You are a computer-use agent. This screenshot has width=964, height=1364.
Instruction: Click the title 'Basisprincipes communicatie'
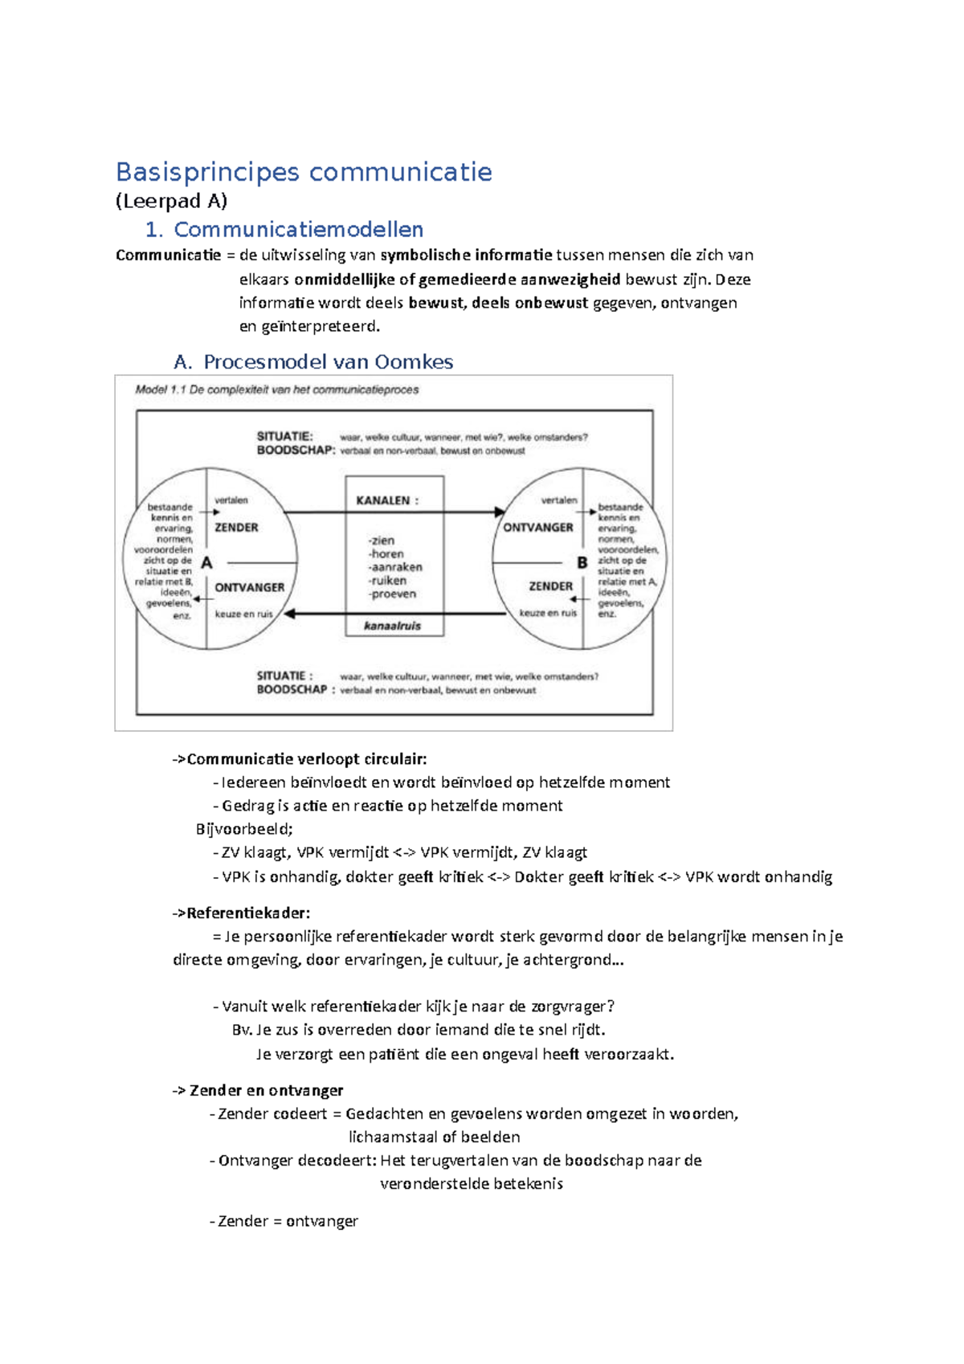click(x=304, y=172)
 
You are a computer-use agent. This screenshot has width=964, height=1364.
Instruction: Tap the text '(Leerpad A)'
click(x=171, y=201)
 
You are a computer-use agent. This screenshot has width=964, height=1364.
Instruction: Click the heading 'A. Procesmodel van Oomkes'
click(x=313, y=362)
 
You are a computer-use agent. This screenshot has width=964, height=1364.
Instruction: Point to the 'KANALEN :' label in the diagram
click(x=387, y=500)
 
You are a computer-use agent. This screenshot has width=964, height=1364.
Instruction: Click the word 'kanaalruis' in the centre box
click(x=393, y=626)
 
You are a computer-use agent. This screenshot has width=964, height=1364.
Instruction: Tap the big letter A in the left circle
click(x=206, y=563)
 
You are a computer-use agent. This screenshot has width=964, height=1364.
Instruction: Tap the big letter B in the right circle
click(x=582, y=563)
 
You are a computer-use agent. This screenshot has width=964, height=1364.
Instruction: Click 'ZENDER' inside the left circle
click(x=236, y=528)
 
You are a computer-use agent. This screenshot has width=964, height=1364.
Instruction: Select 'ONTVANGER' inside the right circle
click(x=538, y=528)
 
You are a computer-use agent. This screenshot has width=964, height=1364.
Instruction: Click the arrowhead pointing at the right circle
click(x=500, y=512)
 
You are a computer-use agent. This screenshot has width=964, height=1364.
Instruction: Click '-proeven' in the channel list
click(x=393, y=594)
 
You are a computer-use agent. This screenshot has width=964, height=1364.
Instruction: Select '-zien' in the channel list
click(x=382, y=541)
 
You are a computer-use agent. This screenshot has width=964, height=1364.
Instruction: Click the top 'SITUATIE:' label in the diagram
click(x=284, y=436)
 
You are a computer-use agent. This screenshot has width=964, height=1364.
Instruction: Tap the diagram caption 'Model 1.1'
click(x=161, y=390)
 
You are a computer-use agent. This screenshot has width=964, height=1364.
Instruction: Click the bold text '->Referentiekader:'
click(x=241, y=913)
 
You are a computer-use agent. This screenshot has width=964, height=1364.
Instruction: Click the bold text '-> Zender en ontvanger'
click(x=257, y=1091)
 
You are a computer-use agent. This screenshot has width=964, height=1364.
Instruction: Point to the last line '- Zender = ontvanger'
click(x=284, y=1222)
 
